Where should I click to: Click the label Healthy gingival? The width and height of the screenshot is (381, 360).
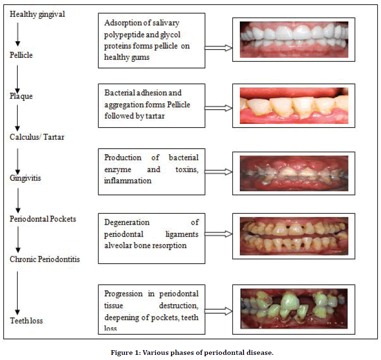coord(37,14)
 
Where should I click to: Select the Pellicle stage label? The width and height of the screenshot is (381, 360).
coord(21,55)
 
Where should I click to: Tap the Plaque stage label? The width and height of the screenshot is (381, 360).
coord(20,96)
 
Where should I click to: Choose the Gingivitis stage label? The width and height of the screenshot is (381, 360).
coord(24,178)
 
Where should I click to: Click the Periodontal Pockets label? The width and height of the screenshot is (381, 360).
coord(43,219)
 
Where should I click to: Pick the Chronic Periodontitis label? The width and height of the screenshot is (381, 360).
coord(44,259)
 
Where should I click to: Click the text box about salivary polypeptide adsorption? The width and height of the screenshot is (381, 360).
coord(151,40)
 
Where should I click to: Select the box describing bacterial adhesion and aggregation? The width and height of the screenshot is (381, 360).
coord(151,105)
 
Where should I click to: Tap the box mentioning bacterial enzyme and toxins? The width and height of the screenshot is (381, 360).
coord(151,171)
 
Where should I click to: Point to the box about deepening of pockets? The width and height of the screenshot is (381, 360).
coord(151,309)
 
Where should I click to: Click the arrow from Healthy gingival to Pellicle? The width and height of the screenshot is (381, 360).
coord(18,34)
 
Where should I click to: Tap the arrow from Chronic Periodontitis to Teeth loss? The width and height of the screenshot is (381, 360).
coord(18,291)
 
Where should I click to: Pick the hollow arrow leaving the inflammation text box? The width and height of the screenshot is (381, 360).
coord(219,172)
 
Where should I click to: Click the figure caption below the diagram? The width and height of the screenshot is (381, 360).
coord(190,353)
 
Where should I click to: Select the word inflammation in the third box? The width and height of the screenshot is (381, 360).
coord(128,180)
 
